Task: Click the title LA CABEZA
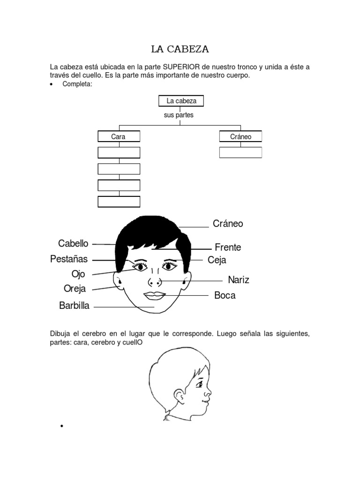click(x=180, y=49)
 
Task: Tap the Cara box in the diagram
click(x=119, y=137)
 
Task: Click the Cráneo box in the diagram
click(x=240, y=137)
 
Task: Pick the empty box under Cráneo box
click(x=240, y=152)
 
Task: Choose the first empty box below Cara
click(x=119, y=152)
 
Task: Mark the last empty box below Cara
click(x=119, y=202)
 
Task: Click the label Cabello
click(x=73, y=243)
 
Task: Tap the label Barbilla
click(x=74, y=306)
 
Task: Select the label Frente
click(x=228, y=247)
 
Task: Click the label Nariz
click(x=239, y=280)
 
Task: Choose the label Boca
click(x=225, y=295)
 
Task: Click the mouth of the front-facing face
click(x=154, y=295)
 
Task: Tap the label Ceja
click(x=217, y=260)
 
